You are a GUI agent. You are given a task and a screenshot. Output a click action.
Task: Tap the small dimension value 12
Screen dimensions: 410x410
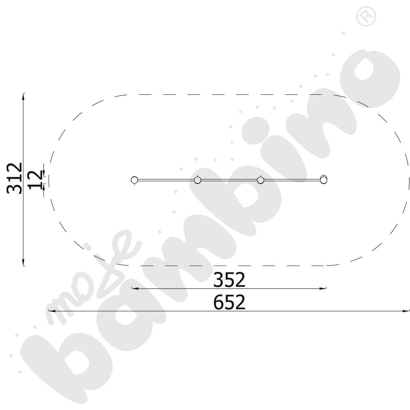35,180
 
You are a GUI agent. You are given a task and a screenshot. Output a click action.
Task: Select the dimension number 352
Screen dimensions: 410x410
229,280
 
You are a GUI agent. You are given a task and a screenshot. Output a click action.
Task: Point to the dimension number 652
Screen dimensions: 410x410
229,302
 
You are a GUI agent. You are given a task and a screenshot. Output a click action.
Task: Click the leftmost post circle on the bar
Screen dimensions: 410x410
134,180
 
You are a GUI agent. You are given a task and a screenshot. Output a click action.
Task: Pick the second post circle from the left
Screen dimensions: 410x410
198,180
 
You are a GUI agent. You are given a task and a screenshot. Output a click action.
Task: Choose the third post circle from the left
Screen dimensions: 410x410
260,180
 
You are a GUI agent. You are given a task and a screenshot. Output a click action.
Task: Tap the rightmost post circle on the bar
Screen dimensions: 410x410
324,180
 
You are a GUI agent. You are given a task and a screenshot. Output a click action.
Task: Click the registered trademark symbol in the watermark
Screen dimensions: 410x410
366,16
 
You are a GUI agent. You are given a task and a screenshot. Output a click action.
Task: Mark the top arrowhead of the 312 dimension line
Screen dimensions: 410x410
23,96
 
